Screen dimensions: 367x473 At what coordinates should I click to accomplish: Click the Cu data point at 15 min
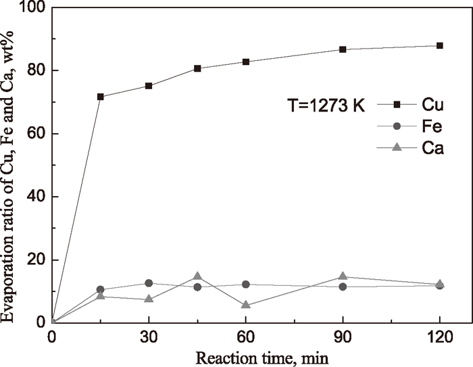(101, 97)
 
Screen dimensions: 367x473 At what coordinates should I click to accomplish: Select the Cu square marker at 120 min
(440, 45)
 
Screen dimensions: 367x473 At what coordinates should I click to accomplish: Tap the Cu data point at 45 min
(197, 68)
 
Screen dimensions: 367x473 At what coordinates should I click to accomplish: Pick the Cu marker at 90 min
(343, 49)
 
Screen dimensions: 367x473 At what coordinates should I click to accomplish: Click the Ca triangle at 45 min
(197, 276)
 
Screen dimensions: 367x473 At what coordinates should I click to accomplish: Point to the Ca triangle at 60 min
(246, 305)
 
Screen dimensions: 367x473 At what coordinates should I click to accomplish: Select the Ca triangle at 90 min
(343, 276)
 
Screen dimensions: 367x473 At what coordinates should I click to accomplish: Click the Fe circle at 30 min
(149, 283)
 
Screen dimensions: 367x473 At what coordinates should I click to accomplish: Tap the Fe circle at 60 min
(246, 285)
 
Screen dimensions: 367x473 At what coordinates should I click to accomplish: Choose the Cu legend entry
(413, 105)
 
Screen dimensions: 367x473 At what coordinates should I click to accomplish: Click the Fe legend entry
(413, 126)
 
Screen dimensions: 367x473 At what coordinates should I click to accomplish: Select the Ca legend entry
(413, 149)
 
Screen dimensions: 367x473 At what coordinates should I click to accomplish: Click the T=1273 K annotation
(323, 105)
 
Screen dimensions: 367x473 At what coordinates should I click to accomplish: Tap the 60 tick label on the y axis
(34, 134)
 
